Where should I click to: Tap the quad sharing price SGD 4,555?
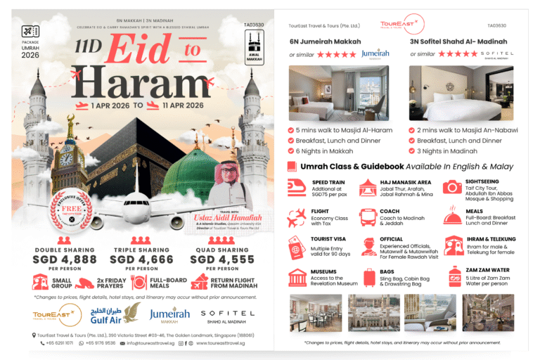click(222, 259)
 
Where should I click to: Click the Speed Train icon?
click(297, 187)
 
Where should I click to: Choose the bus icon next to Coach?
click(368, 217)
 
